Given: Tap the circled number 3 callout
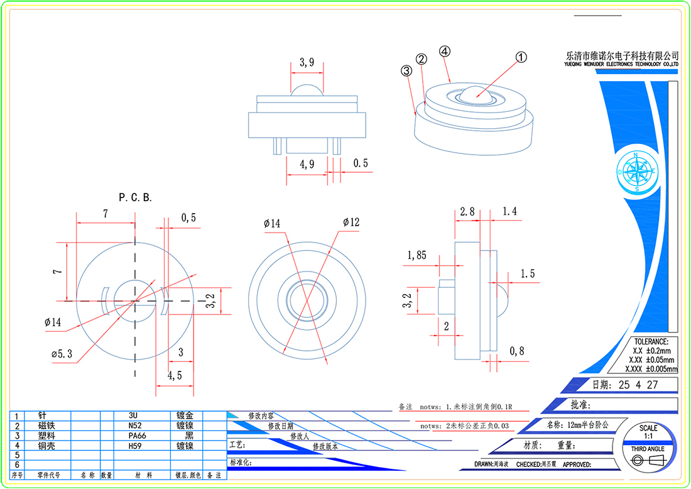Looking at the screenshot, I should (x=406, y=71).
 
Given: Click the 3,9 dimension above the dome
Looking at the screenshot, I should (x=307, y=62).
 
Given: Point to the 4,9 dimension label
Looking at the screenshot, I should (x=307, y=165).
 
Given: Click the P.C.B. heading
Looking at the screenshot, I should (x=136, y=197).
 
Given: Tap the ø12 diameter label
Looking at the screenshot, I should (x=352, y=223).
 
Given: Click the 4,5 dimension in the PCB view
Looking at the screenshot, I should (x=175, y=376).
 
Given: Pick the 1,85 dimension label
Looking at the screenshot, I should (x=417, y=255).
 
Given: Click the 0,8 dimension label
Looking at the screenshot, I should (x=518, y=350).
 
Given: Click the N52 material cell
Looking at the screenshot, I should (x=136, y=426).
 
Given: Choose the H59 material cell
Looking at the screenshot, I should (x=136, y=445).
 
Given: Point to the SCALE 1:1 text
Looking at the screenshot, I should (x=648, y=432).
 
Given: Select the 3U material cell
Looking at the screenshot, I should (x=133, y=416).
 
